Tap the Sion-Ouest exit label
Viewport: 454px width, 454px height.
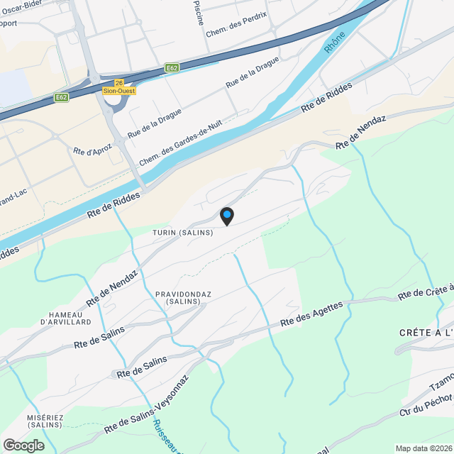coord(118,91)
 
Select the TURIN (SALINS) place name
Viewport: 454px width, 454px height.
coord(182,233)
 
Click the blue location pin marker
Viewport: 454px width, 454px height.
coord(227,214)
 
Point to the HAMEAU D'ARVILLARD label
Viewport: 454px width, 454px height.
coord(66,318)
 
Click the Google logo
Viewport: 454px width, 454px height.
coord(23,445)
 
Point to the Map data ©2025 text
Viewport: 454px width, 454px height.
coord(423,448)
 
